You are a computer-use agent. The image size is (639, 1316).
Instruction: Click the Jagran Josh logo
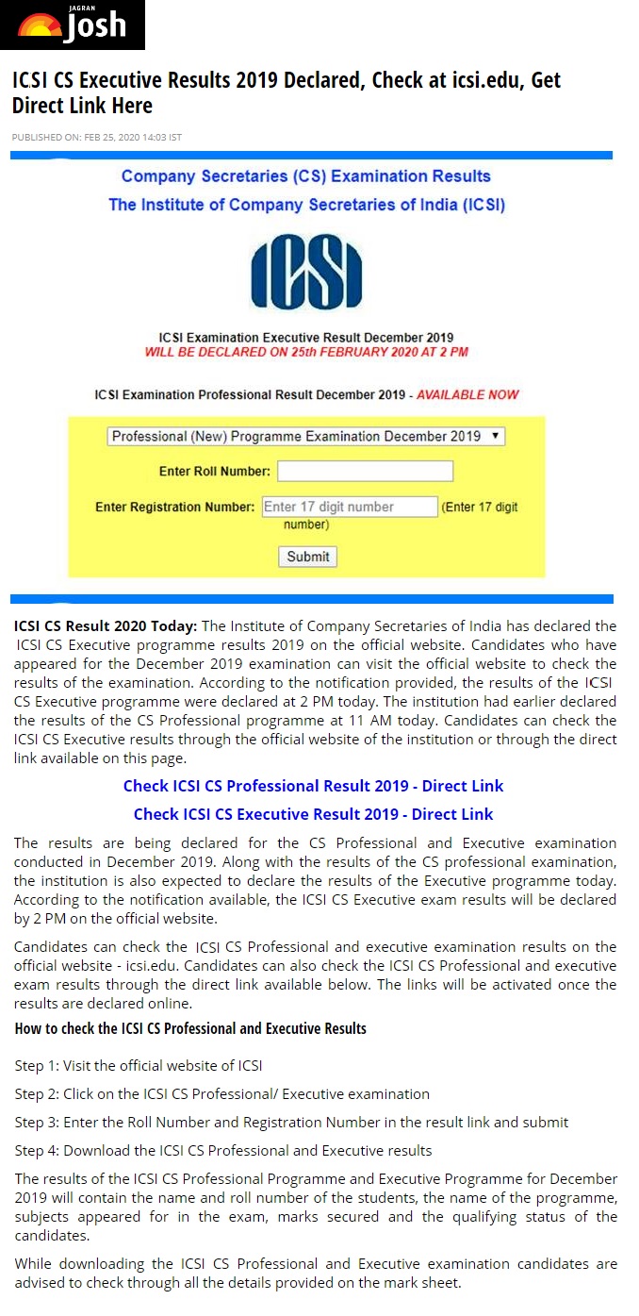pos(73,25)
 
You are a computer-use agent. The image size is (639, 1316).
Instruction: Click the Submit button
pos(307,557)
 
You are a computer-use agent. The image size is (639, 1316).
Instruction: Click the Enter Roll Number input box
pos(365,471)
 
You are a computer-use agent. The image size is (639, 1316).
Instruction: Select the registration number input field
pos(350,507)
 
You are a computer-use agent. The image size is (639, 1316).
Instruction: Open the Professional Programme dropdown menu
pos(306,436)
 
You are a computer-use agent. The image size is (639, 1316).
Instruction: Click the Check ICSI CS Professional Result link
pos(313,786)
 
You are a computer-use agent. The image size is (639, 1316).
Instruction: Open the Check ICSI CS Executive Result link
pos(313,814)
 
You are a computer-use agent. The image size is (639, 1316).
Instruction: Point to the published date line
pos(96,138)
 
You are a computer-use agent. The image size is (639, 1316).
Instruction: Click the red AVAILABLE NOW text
pos(467,394)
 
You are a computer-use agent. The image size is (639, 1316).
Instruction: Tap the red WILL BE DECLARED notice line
pos(306,352)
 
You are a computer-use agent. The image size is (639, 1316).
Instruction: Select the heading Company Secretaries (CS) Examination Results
pos(306,176)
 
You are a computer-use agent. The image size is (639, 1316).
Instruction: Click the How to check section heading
pos(190,1027)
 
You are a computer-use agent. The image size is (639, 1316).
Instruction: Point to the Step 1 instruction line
pos(138,1065)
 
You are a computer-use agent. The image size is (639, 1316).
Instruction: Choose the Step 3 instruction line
pos(291,1122)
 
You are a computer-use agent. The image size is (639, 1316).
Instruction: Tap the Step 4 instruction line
pos(223,1150)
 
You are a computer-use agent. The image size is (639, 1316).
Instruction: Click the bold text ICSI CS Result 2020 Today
pos(106,626)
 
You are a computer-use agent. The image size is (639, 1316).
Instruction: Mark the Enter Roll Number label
pos(215,471)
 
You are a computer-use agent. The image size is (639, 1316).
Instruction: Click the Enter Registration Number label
pos(174,507)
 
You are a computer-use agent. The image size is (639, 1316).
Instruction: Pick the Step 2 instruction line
pos(221,1093)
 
